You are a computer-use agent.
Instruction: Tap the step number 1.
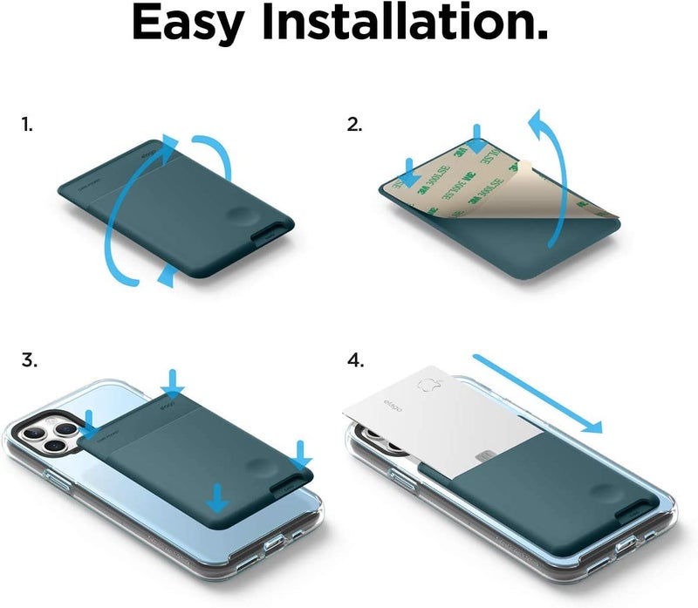click(x=26, y=124)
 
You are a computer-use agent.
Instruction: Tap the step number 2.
click(x=354, y=124)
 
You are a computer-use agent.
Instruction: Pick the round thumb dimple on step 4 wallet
click(x=603, y=498)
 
